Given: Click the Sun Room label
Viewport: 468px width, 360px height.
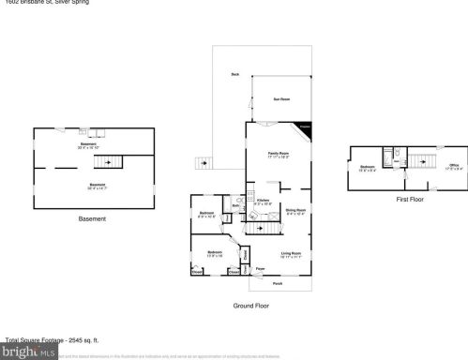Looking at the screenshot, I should (x=280, y=98).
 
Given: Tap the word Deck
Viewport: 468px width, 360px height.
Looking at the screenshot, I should (x=234, y=74).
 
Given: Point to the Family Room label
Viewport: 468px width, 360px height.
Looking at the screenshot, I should (x=279, y=153).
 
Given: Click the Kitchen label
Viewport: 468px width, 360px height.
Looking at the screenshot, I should (x=264, y=198).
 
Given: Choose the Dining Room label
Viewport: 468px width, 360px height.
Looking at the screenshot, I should (x=296, y=211).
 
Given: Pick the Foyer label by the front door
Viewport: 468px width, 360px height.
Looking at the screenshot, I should (x=262, y=268).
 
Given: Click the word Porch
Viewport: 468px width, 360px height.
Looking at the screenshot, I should (x=277, y=282).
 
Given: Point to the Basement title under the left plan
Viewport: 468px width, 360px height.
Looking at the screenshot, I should (x=92, y=219).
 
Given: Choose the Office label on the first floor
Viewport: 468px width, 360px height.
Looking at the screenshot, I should (x=453, y=166).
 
